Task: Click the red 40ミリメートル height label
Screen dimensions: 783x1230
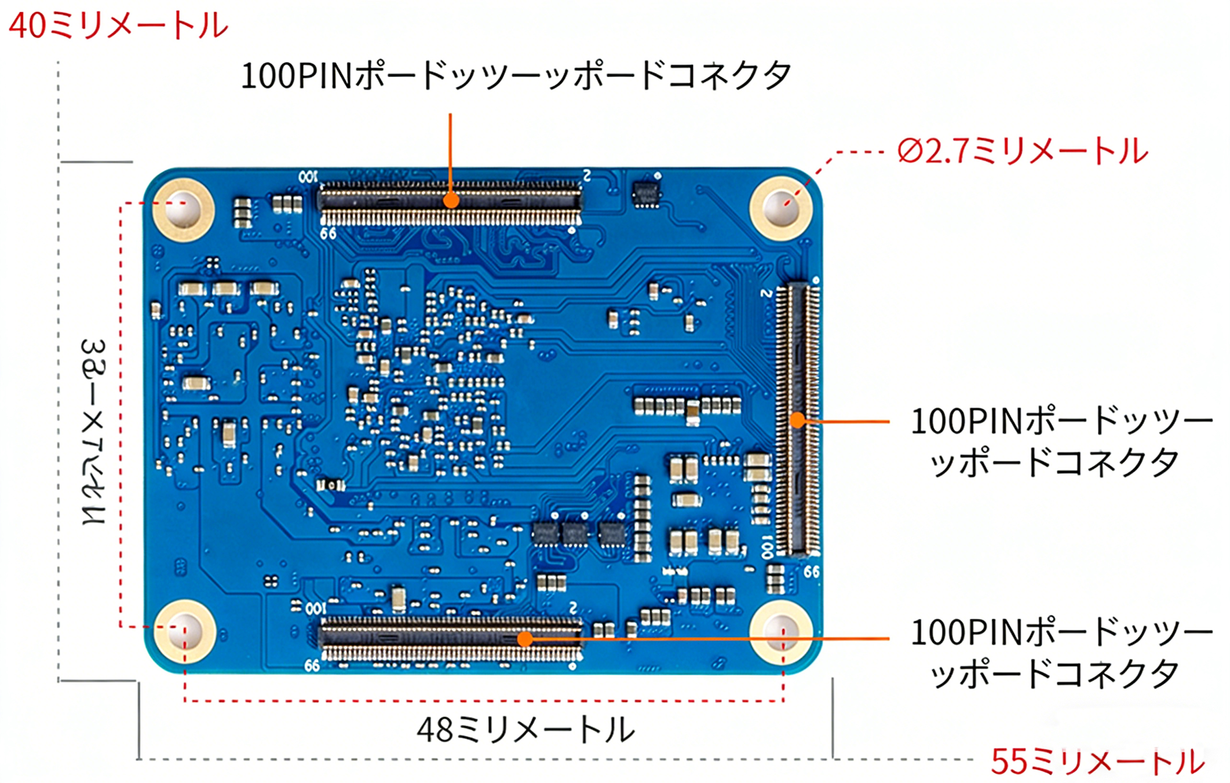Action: [118, 26]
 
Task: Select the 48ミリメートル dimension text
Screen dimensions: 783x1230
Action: [525, 730]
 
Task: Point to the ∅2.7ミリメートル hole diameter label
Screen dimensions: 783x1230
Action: [1022, 151]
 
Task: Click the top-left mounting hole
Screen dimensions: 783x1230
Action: [183, 207]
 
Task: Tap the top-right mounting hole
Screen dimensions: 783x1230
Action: [781, 207]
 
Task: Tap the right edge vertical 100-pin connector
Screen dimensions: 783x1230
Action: [797, 418]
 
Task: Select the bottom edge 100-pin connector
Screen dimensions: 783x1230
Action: [450, 640]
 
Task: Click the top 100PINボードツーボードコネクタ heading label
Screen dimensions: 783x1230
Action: [516, 76]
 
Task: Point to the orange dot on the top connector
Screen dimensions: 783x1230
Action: [451, 200]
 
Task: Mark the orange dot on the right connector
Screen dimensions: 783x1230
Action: [797, 420]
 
